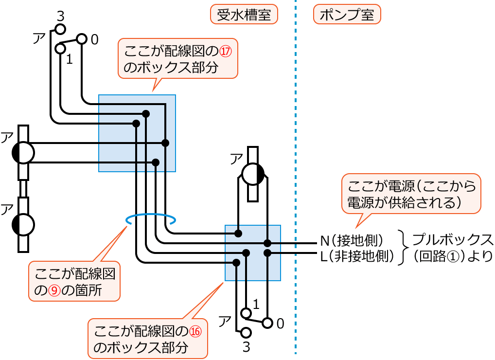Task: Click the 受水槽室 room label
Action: [x=244, y=15]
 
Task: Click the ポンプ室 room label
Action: [x=347, y=15]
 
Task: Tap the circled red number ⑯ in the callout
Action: [x=194, y=331]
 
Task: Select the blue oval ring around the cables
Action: [x=151, y=220]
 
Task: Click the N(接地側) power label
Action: [x=353, y=241]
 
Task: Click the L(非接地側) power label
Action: [x=357, y=255]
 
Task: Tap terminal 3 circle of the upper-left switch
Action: [x=60, y=29]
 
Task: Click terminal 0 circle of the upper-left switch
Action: [x=82, y=38]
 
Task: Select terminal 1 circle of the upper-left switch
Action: [x=60, y=48]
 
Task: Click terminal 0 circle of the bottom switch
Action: [x=267, y=323]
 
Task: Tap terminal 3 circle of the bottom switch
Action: [x=246, y=333]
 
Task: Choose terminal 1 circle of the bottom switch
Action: [x=246, y=312]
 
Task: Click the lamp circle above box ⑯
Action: [x=253, y=174]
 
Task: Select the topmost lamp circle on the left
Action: [x=23, y=153]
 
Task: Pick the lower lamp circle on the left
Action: [x=23, y=224]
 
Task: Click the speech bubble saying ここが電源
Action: [x=411, y=193]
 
